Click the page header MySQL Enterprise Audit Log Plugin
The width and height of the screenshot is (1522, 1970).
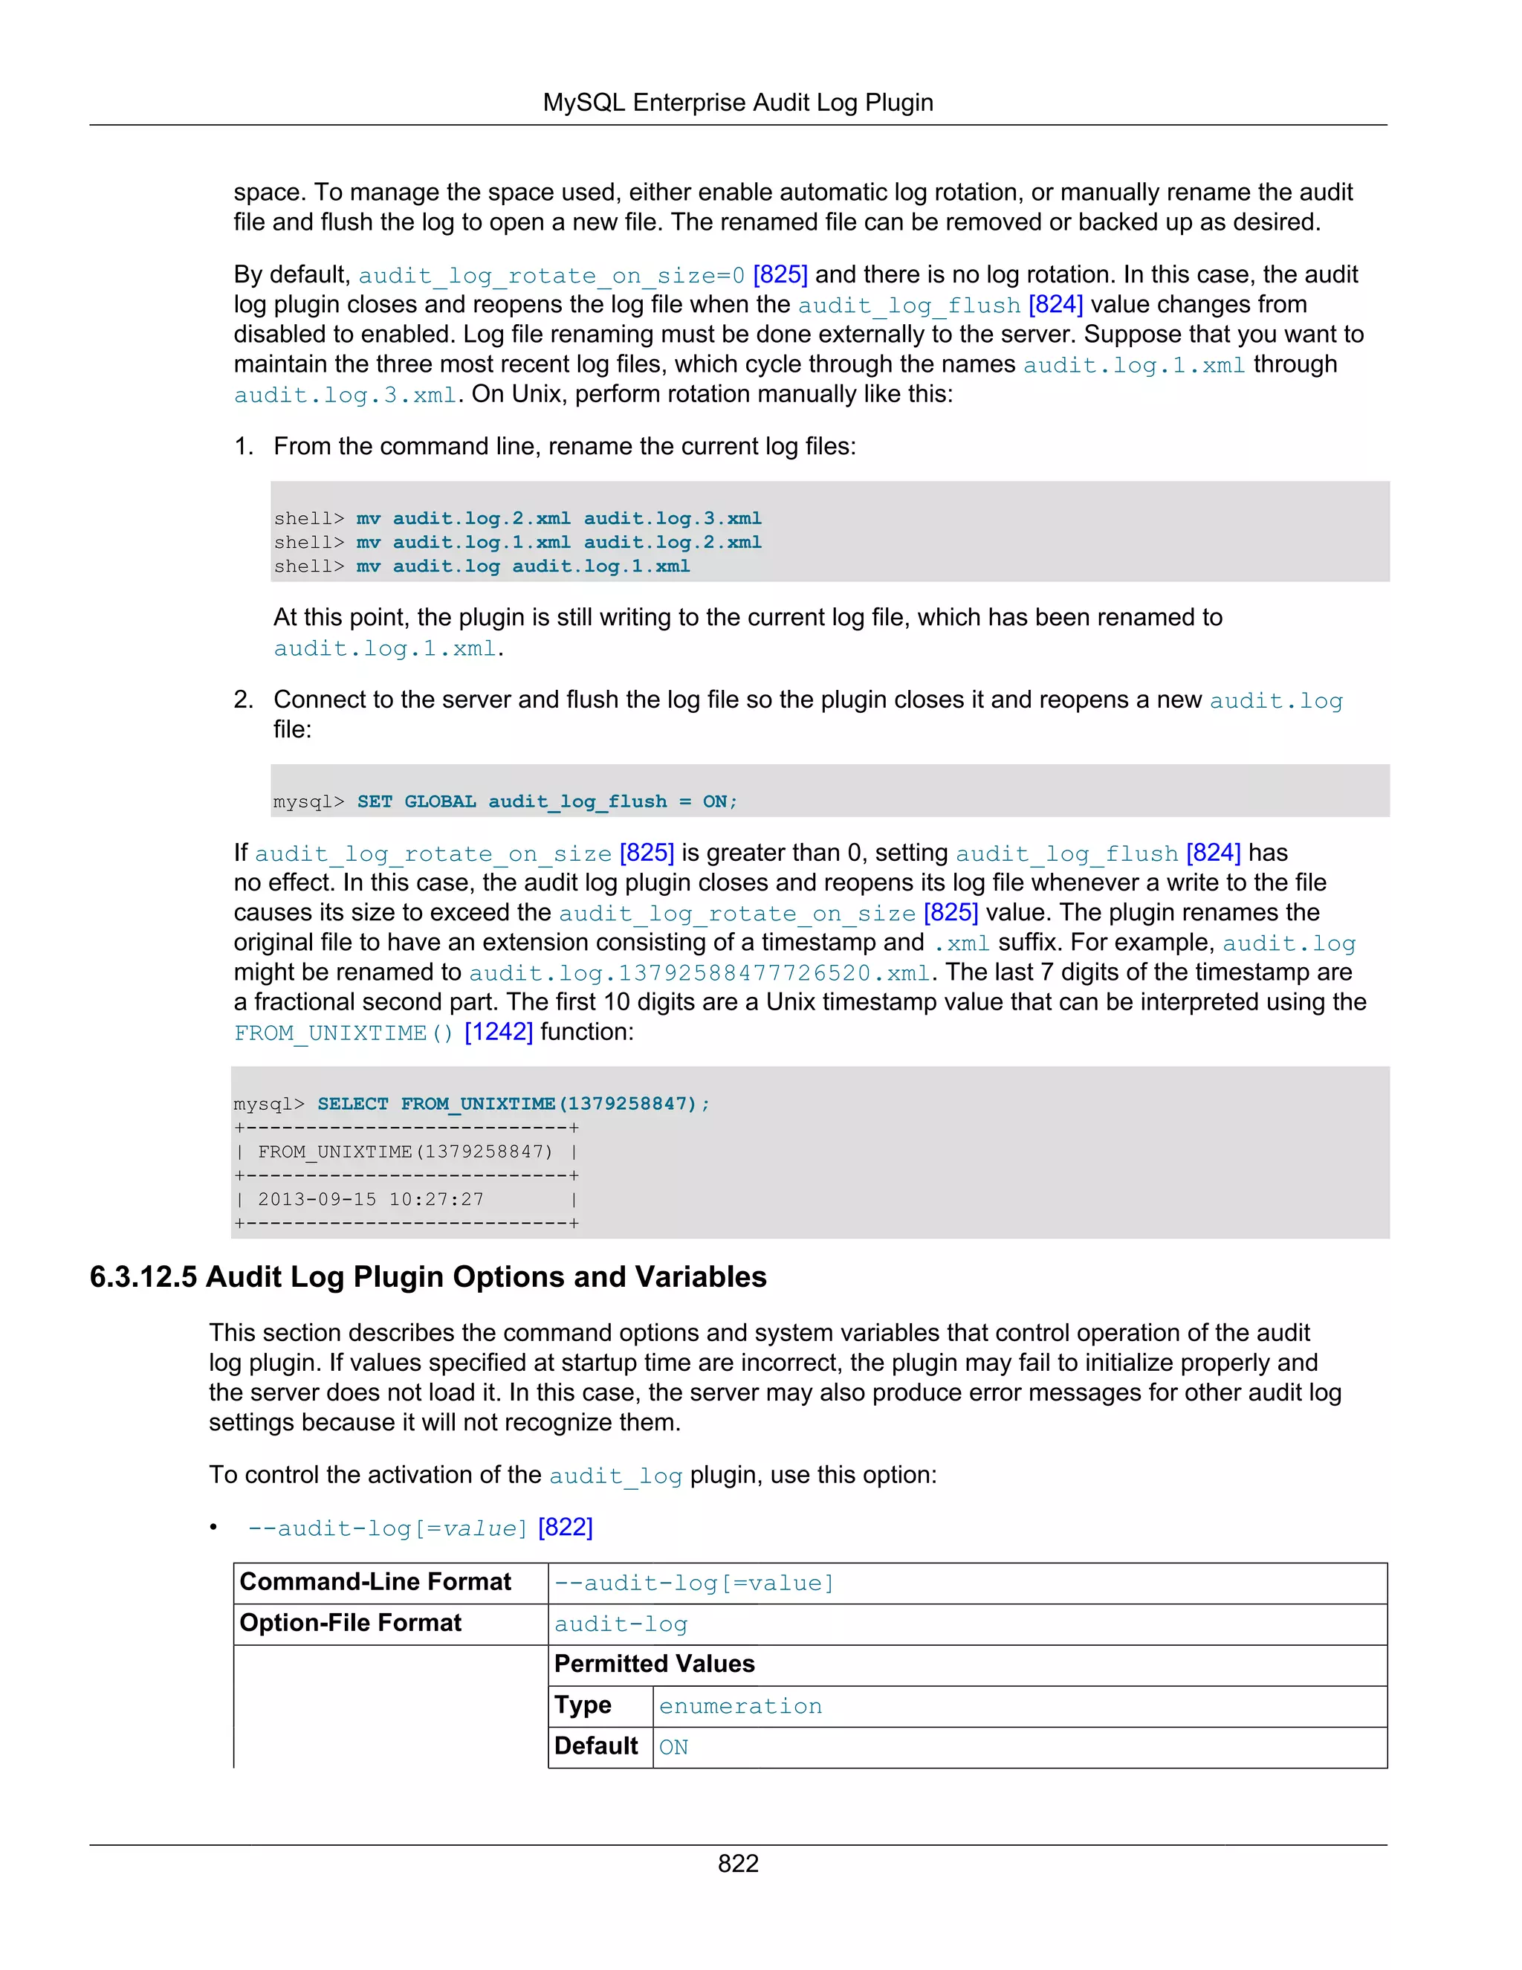[737, 103]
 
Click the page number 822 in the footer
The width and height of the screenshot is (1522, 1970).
[737, 1864]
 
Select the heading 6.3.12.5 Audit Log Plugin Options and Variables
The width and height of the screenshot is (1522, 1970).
[428, 1277]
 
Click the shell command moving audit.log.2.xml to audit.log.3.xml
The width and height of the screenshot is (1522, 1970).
[558, 519]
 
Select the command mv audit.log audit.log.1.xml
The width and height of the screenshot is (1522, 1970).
[523, 566]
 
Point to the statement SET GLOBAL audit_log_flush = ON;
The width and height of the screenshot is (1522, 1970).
[546, 802]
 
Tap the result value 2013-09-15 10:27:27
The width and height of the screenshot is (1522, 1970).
[371, 1200]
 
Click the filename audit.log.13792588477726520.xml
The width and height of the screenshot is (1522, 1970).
[699, 973]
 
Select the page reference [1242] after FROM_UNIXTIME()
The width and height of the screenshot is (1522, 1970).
[499, 1032]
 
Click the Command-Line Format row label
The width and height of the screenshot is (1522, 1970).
[375, 1582]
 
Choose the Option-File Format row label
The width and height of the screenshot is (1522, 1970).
[350, 1624]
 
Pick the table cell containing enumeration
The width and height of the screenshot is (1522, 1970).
[740, 1707]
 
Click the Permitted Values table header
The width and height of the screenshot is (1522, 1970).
[655, 1664]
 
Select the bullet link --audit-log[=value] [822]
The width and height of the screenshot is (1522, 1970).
[420, 1528]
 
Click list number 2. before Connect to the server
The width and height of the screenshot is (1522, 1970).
[244, 700]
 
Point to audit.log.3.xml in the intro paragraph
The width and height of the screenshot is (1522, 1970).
[346, 395]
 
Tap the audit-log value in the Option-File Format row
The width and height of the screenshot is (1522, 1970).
[621, 1624]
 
